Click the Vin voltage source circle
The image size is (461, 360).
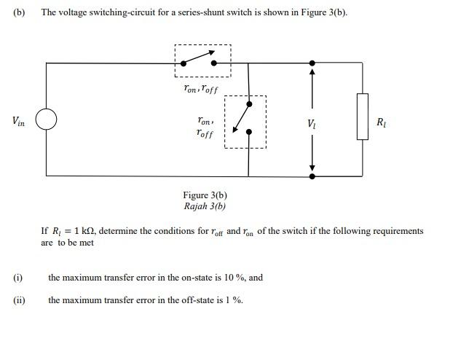(46, 120)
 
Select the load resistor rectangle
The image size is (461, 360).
(362, 116)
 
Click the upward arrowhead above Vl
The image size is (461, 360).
(312, 71)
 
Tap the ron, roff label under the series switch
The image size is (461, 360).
(200, 86)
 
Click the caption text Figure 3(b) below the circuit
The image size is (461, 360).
(205, 195)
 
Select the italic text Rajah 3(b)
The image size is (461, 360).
(205, 206)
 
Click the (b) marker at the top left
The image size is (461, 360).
(18, 12)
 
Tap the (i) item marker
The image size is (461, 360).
(17, 277)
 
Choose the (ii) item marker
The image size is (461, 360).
(18, 300)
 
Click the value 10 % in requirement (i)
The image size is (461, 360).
(235, 277)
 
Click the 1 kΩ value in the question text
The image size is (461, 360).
(82, 231)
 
